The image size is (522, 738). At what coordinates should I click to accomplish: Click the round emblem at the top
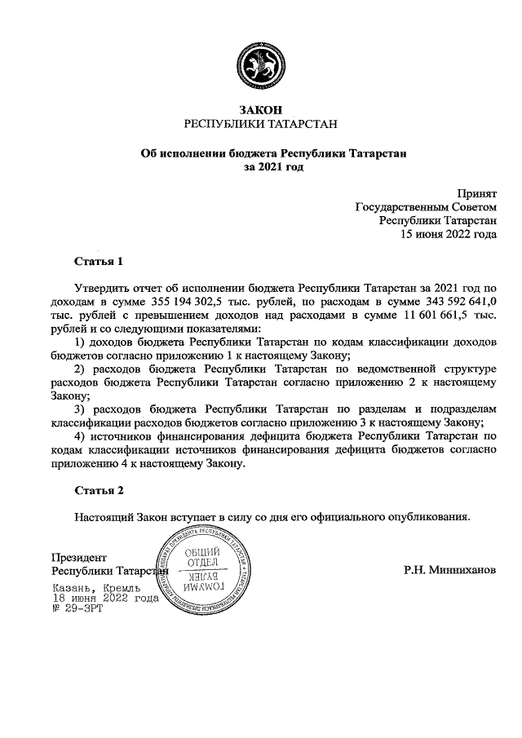260,64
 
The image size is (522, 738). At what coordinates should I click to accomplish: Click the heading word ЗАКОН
260,109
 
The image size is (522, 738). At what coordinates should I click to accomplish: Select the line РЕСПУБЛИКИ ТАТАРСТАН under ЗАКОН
260,124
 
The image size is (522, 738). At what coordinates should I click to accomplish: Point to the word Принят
476,194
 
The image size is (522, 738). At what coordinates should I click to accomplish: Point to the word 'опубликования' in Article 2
431,516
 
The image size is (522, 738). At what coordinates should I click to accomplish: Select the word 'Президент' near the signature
78,557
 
